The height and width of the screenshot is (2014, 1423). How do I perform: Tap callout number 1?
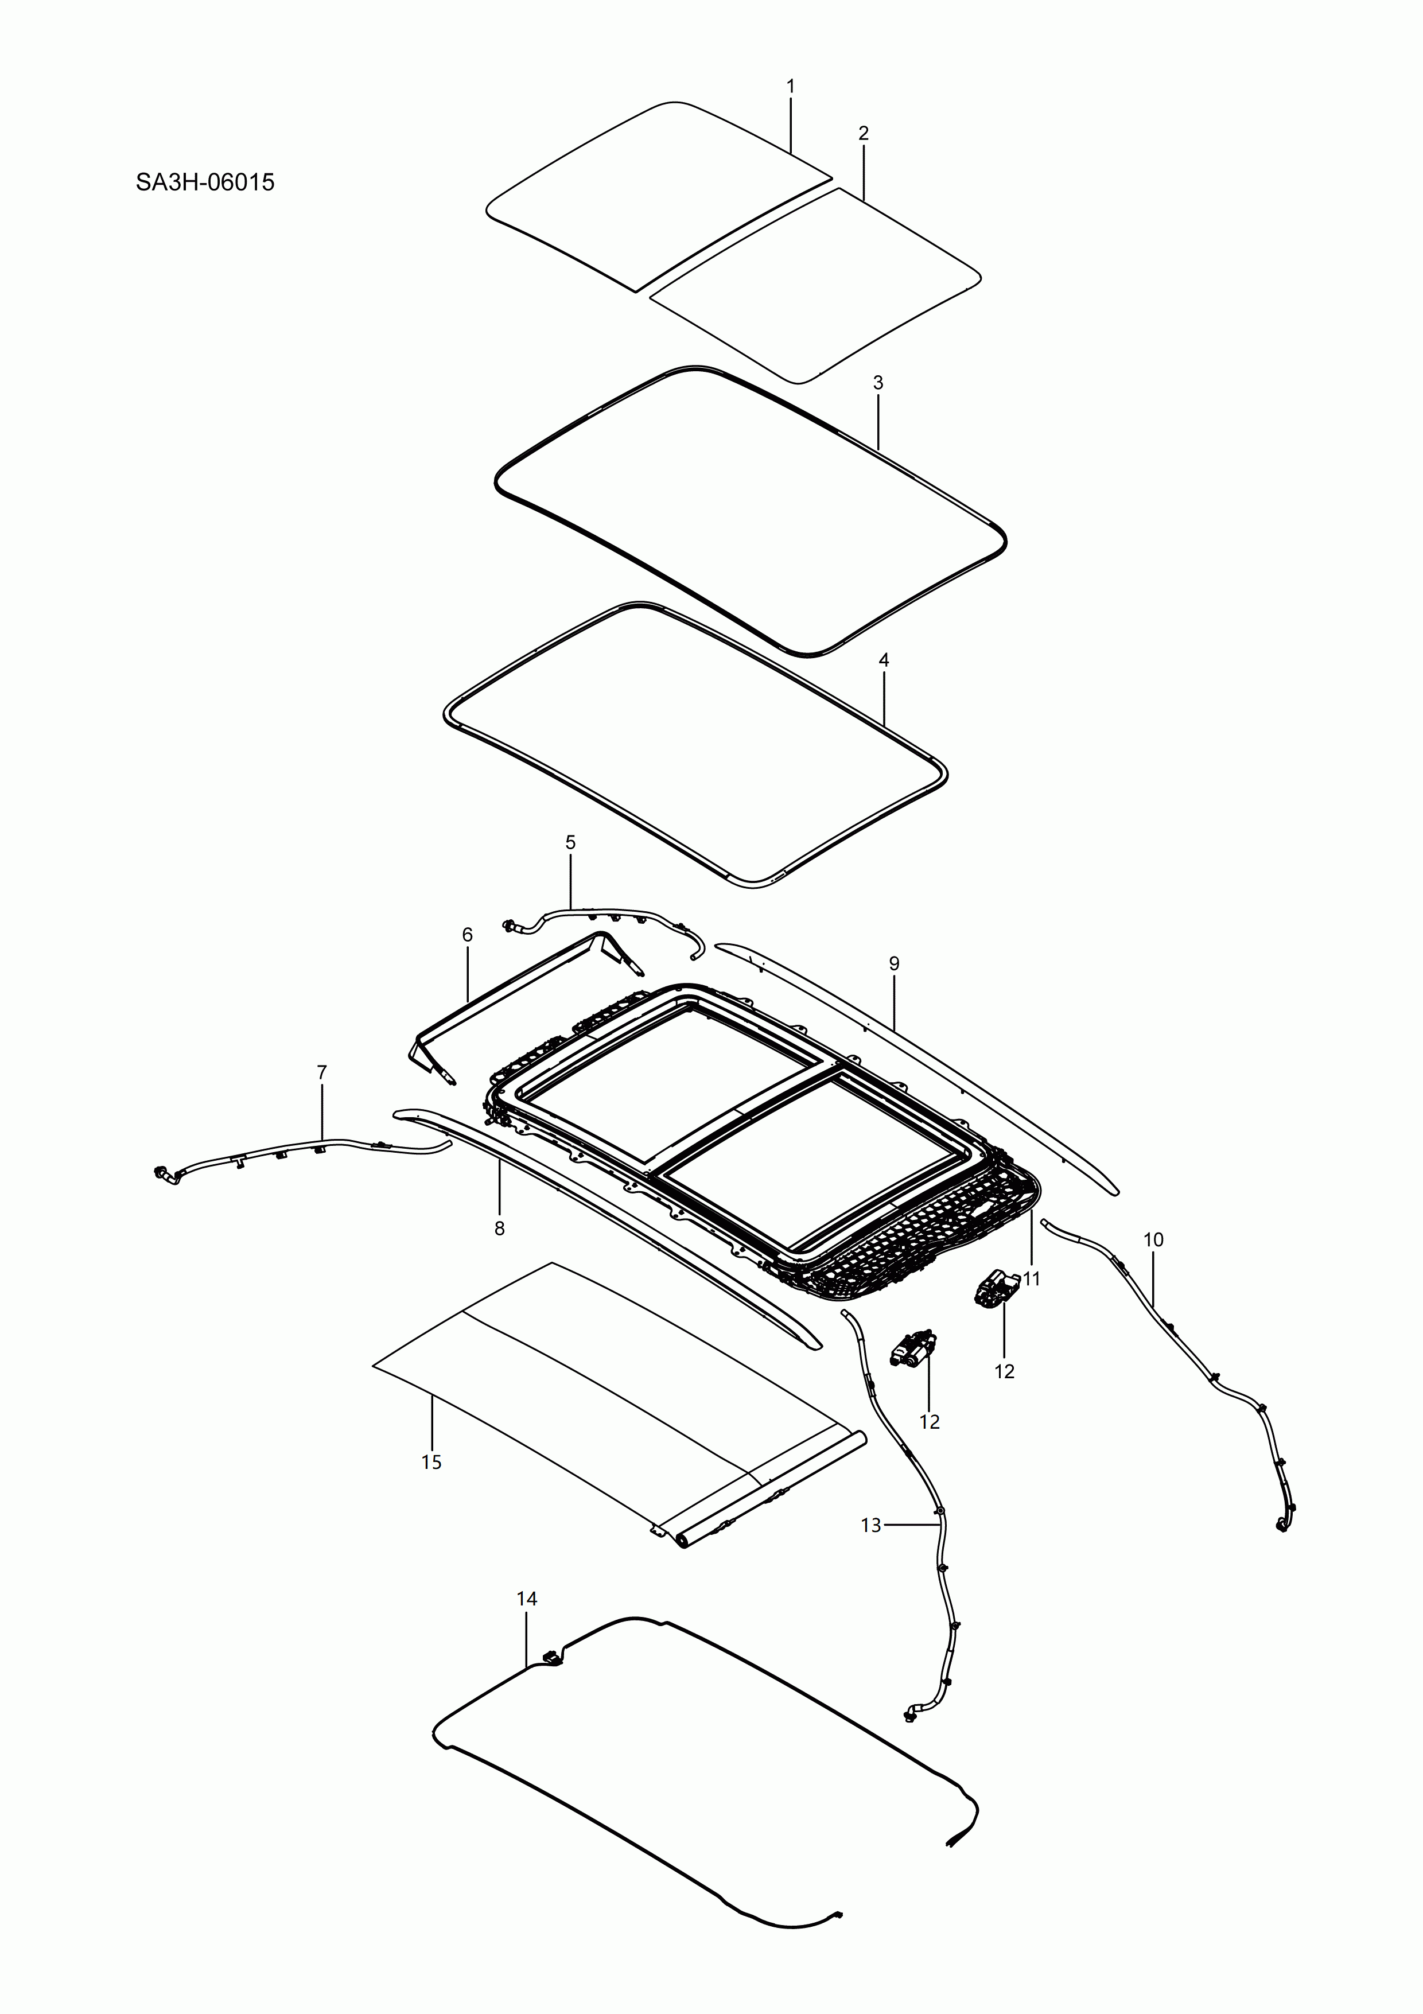[x=791, y=87]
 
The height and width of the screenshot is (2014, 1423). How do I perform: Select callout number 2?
[x=864, y=133]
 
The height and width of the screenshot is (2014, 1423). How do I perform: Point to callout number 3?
[x=878, y=383]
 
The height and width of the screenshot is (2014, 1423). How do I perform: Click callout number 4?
[x=884, y=660]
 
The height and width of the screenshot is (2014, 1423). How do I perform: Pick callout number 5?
[x=570, y=843]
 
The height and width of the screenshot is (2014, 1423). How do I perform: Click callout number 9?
[x=894, y=964]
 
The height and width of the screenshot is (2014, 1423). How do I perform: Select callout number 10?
[x=1154, y=1239]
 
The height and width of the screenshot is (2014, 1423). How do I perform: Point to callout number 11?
[x=1032, y=1279]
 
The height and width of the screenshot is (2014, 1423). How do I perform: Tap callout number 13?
[x=870, y=1525]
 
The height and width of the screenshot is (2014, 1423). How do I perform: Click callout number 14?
[x=526, y=1599]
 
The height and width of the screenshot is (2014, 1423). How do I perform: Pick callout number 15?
[x=431, y=1462]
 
